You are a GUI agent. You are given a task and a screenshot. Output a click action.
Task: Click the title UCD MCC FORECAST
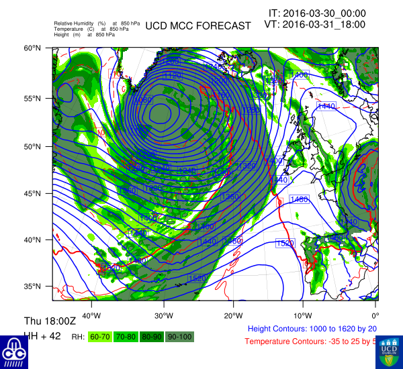pos(198,26)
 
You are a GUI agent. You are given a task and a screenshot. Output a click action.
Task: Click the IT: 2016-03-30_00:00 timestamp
pos(317,13)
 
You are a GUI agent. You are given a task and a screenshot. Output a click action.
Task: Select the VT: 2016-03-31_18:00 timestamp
pos(315,24)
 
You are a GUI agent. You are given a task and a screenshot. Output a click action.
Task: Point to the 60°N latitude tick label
pos(34,48)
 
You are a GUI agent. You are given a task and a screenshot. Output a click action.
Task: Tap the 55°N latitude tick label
pos(34,98)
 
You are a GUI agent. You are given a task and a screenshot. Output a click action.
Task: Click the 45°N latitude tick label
pos(34,194)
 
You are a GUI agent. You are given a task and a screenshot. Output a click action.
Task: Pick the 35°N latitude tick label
pos(34,286)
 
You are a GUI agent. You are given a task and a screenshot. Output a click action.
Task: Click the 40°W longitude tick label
pos(91,316)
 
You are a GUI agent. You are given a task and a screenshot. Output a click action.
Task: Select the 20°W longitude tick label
pos(233,316)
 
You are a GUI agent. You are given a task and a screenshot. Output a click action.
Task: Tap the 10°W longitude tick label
pos(303,316)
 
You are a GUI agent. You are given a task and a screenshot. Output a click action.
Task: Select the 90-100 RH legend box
pos(180,336)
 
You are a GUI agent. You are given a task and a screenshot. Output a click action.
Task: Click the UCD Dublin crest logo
pos(389,352)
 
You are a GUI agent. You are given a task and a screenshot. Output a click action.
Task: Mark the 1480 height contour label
pos(299,199)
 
